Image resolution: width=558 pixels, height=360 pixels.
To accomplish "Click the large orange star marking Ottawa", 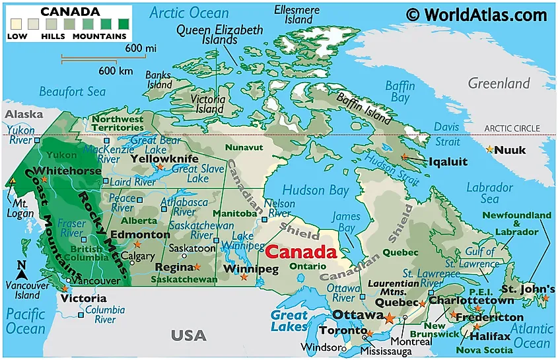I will (x=390, y=318).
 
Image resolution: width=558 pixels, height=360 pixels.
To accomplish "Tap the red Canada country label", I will (x=300, y=252).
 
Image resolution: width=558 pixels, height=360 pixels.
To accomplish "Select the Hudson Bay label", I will (x=315, y=190).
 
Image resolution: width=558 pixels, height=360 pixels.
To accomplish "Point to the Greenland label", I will (x=499, y=83).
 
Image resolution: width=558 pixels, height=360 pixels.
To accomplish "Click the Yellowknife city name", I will (x=164, y=159).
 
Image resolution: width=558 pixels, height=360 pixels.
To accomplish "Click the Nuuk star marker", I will (x=489, y=150).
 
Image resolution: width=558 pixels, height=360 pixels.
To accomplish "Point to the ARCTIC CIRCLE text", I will (x=512, y=128).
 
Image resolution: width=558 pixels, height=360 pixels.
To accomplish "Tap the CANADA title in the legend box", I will (x=70, y=12).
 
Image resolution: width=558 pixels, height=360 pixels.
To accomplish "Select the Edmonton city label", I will (x=140, y=234).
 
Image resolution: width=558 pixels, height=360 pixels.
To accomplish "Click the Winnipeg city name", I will (x=251, y=269).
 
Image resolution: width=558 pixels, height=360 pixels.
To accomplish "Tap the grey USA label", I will (x=189, y=336).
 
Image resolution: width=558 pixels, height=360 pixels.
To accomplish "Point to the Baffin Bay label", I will (x=400, y=92).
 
